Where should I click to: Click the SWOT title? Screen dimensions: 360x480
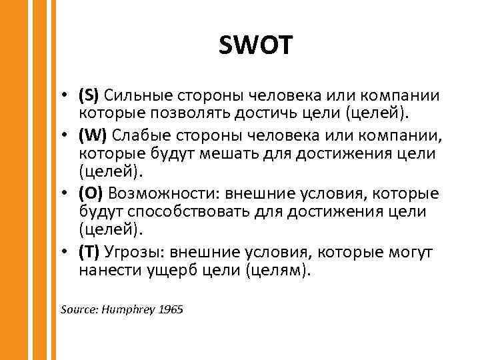click(255, 46)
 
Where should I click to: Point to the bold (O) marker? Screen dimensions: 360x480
click(91, 194)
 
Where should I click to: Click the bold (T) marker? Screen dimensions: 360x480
click(89, 253)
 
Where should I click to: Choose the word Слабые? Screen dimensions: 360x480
click(136, 135)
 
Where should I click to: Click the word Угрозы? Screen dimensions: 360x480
click(134, 253)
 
